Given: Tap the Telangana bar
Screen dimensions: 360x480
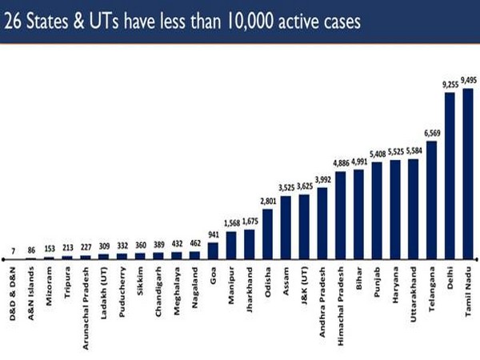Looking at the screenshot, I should coord(431,199).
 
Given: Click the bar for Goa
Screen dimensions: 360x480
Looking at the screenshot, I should coord(213,250).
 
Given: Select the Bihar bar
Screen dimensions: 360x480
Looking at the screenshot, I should coord(358,214).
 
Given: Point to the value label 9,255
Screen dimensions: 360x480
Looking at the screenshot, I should coord(449,84).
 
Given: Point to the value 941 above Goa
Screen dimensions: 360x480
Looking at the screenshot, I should coord(213,235).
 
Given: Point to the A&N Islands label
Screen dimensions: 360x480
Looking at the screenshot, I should coord(31,293).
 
